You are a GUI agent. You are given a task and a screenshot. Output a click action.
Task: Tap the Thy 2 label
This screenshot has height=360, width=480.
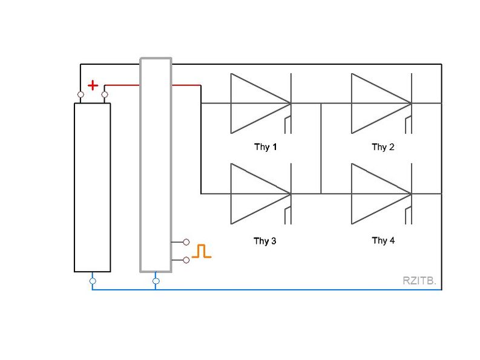[383, 147]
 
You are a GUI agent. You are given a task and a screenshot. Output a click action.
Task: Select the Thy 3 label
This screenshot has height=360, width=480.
[265, 241]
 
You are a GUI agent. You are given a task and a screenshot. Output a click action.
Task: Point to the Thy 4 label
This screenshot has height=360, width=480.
[383, 241]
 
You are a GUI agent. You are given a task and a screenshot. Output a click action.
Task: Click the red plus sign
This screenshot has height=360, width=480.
[93, 85]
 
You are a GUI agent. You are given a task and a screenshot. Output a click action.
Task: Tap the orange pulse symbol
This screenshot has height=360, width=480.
[202, 251]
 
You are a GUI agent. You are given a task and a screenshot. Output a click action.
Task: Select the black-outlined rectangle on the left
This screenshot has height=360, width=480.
[93, 188]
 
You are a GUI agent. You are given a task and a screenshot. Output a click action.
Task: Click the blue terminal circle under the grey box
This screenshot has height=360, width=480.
[156, 281]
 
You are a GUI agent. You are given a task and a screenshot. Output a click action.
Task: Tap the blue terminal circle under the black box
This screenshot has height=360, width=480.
[93, 281]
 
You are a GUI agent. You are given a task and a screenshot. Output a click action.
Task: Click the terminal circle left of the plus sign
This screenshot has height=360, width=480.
[81, 94]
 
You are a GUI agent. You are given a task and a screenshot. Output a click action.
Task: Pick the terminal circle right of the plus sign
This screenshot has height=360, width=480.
[105, 94]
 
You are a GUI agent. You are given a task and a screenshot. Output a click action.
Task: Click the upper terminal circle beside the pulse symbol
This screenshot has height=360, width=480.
[186, 242]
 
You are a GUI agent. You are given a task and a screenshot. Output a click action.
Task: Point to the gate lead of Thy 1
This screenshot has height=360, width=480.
[286, 123]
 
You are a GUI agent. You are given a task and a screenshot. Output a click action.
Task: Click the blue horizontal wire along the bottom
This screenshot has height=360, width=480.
[272, 289]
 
